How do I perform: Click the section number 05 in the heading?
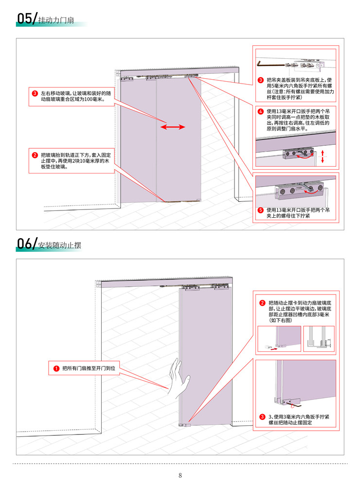24,18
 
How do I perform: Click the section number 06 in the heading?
24,244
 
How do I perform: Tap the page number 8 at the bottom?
180,475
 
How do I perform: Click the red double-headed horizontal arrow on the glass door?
173,127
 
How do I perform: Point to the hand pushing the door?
179,378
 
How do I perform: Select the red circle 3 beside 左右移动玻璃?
35,93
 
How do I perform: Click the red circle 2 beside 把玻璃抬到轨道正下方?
35,155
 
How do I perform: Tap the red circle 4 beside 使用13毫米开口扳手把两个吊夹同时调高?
261,111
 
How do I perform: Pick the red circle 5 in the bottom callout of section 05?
261,210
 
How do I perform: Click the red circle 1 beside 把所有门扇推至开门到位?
56,368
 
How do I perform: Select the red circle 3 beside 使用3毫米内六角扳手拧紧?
262,417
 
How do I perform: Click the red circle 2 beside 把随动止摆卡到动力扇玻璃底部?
262,303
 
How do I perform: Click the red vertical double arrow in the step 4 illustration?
323,156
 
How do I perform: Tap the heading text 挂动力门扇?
56,20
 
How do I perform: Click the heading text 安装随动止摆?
59,245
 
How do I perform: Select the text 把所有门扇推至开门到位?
89,368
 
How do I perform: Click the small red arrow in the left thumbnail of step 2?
274,349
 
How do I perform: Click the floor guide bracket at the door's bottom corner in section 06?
184,425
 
